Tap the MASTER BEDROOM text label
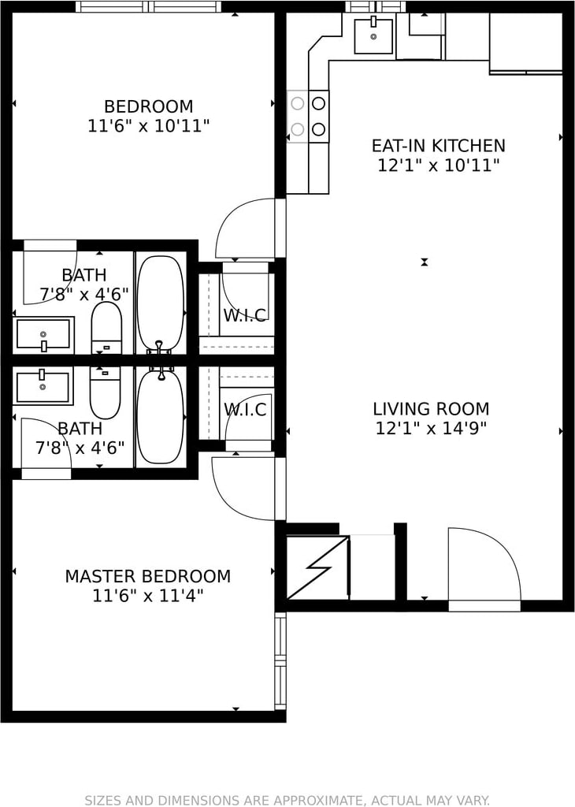pyautogui.click(x=148, y=576)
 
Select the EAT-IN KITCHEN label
pyautogui.click(x=439, y=146)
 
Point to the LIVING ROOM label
pyautogui.click(x=431, y=409)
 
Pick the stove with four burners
pyautogui.click(x=307, y=117)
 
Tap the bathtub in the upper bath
pyautogui.click(x=161, y=302)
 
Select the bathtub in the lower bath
pyautogui.click(x=161, y=417)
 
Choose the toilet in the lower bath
pyautogui.click(x=106, y=392)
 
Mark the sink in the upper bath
pyautogui.click(x=43, y=334)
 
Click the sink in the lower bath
pyautogui.click(x=43, y=386)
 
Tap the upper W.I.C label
pyautogui.click(x=245, y=315)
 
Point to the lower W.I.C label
pyautogui.click(x=245, y=410)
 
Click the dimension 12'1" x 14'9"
pyautogui.click(x=431, y=428)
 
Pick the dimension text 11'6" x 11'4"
pyautogui.click(x=148, y=596)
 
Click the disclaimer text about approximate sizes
pyautogui.click(x=287, y=800)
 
